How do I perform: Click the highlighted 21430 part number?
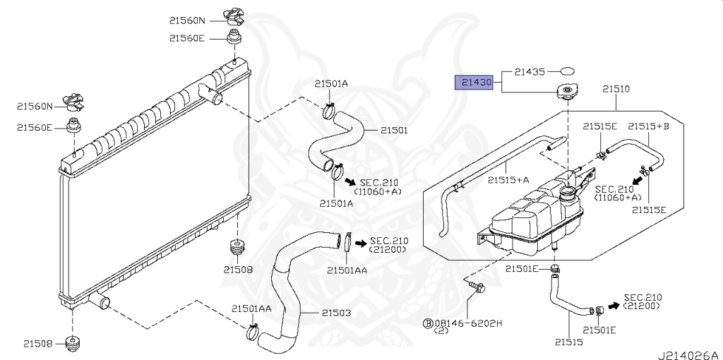[x=477, y=83]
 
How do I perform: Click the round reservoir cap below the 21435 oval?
[x=567, y=92]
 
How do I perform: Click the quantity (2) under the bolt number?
[x=441, y=330]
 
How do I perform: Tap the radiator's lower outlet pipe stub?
[x=100, y=302]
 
